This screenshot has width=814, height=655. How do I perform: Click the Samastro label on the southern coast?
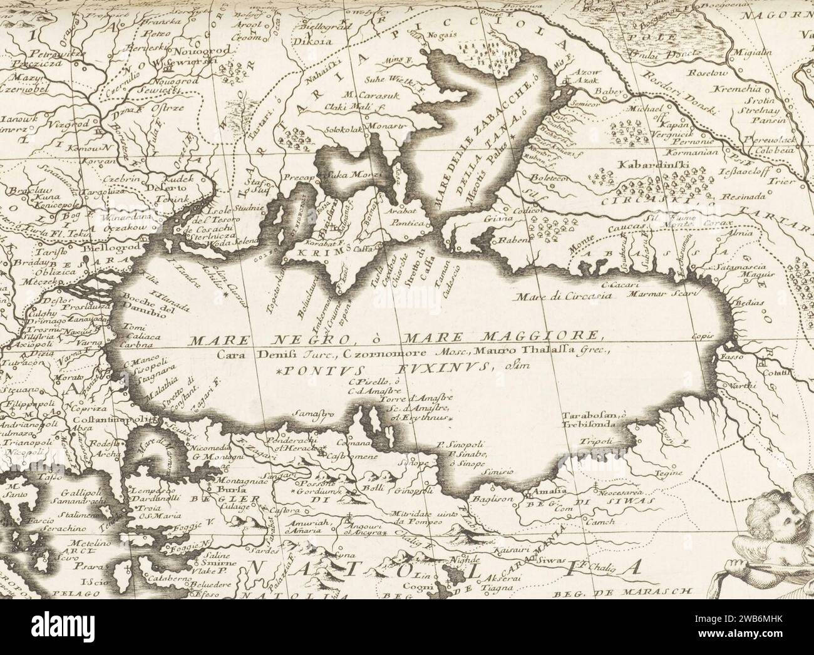(x=311, y=415)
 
